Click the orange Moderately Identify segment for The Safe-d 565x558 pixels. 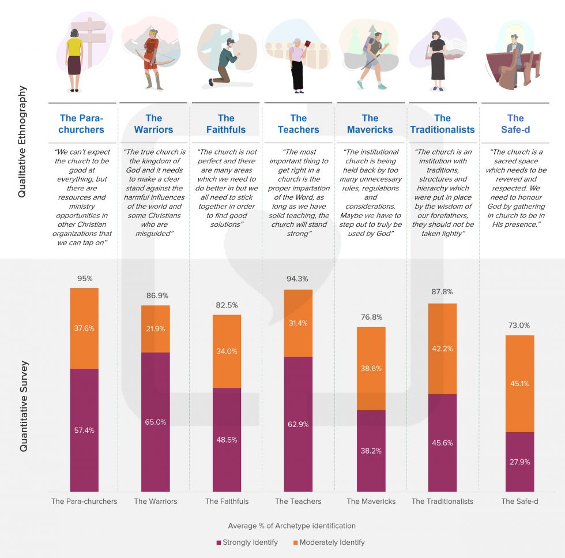519,383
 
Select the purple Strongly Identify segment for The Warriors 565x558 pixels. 156,421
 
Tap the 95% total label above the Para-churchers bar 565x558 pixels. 84,278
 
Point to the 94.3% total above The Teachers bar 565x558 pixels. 298,280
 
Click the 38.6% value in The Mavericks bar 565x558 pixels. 371,368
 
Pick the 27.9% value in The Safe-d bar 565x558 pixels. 519,462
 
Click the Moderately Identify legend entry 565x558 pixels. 329,542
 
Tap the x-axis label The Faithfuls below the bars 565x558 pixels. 227,501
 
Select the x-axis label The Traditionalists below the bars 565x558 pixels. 442,501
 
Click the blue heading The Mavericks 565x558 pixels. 370,124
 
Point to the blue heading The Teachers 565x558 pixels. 298,124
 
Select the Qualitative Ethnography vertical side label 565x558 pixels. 22,142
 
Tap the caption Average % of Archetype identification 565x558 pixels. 292,526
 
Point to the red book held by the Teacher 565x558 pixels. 307,44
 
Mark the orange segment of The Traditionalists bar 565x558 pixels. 442,349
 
